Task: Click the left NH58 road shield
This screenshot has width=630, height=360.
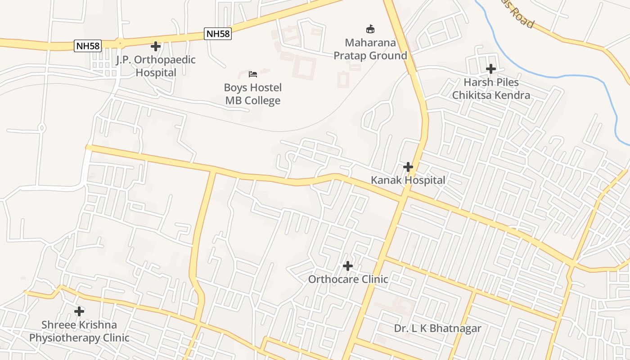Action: [x=88, y=45]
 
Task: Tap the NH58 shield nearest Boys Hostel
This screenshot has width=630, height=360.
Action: [x=218, y=34]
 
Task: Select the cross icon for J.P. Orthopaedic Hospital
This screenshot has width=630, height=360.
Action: [x=156, y=46]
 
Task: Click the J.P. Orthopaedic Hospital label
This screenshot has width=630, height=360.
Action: [x=156, y=66]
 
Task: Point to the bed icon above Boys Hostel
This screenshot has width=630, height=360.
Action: [x=253, y=74]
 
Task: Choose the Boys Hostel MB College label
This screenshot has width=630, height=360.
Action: [x=253, y=94]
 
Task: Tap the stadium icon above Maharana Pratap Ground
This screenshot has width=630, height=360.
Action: [x=370, y=29]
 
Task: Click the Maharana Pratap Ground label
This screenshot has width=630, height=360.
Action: [x=370, y=49]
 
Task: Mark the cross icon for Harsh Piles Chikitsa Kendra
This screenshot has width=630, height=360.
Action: [x=491, y=69]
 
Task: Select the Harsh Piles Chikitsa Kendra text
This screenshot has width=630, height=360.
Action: [x=491, y=89]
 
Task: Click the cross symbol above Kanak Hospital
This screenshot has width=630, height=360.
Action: [x=408, y=167]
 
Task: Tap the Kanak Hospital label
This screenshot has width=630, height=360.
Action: [x=408, y=180]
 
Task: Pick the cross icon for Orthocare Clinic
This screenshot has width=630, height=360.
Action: [x=348, y=266]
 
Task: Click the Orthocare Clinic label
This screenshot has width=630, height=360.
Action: [x=348, y=279]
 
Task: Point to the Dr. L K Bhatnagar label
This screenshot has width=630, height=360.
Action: [x=437, y=328]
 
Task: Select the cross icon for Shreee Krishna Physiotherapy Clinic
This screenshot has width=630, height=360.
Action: [x=79, y=311]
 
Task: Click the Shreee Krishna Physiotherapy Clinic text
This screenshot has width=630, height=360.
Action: [x=79, y=331]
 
